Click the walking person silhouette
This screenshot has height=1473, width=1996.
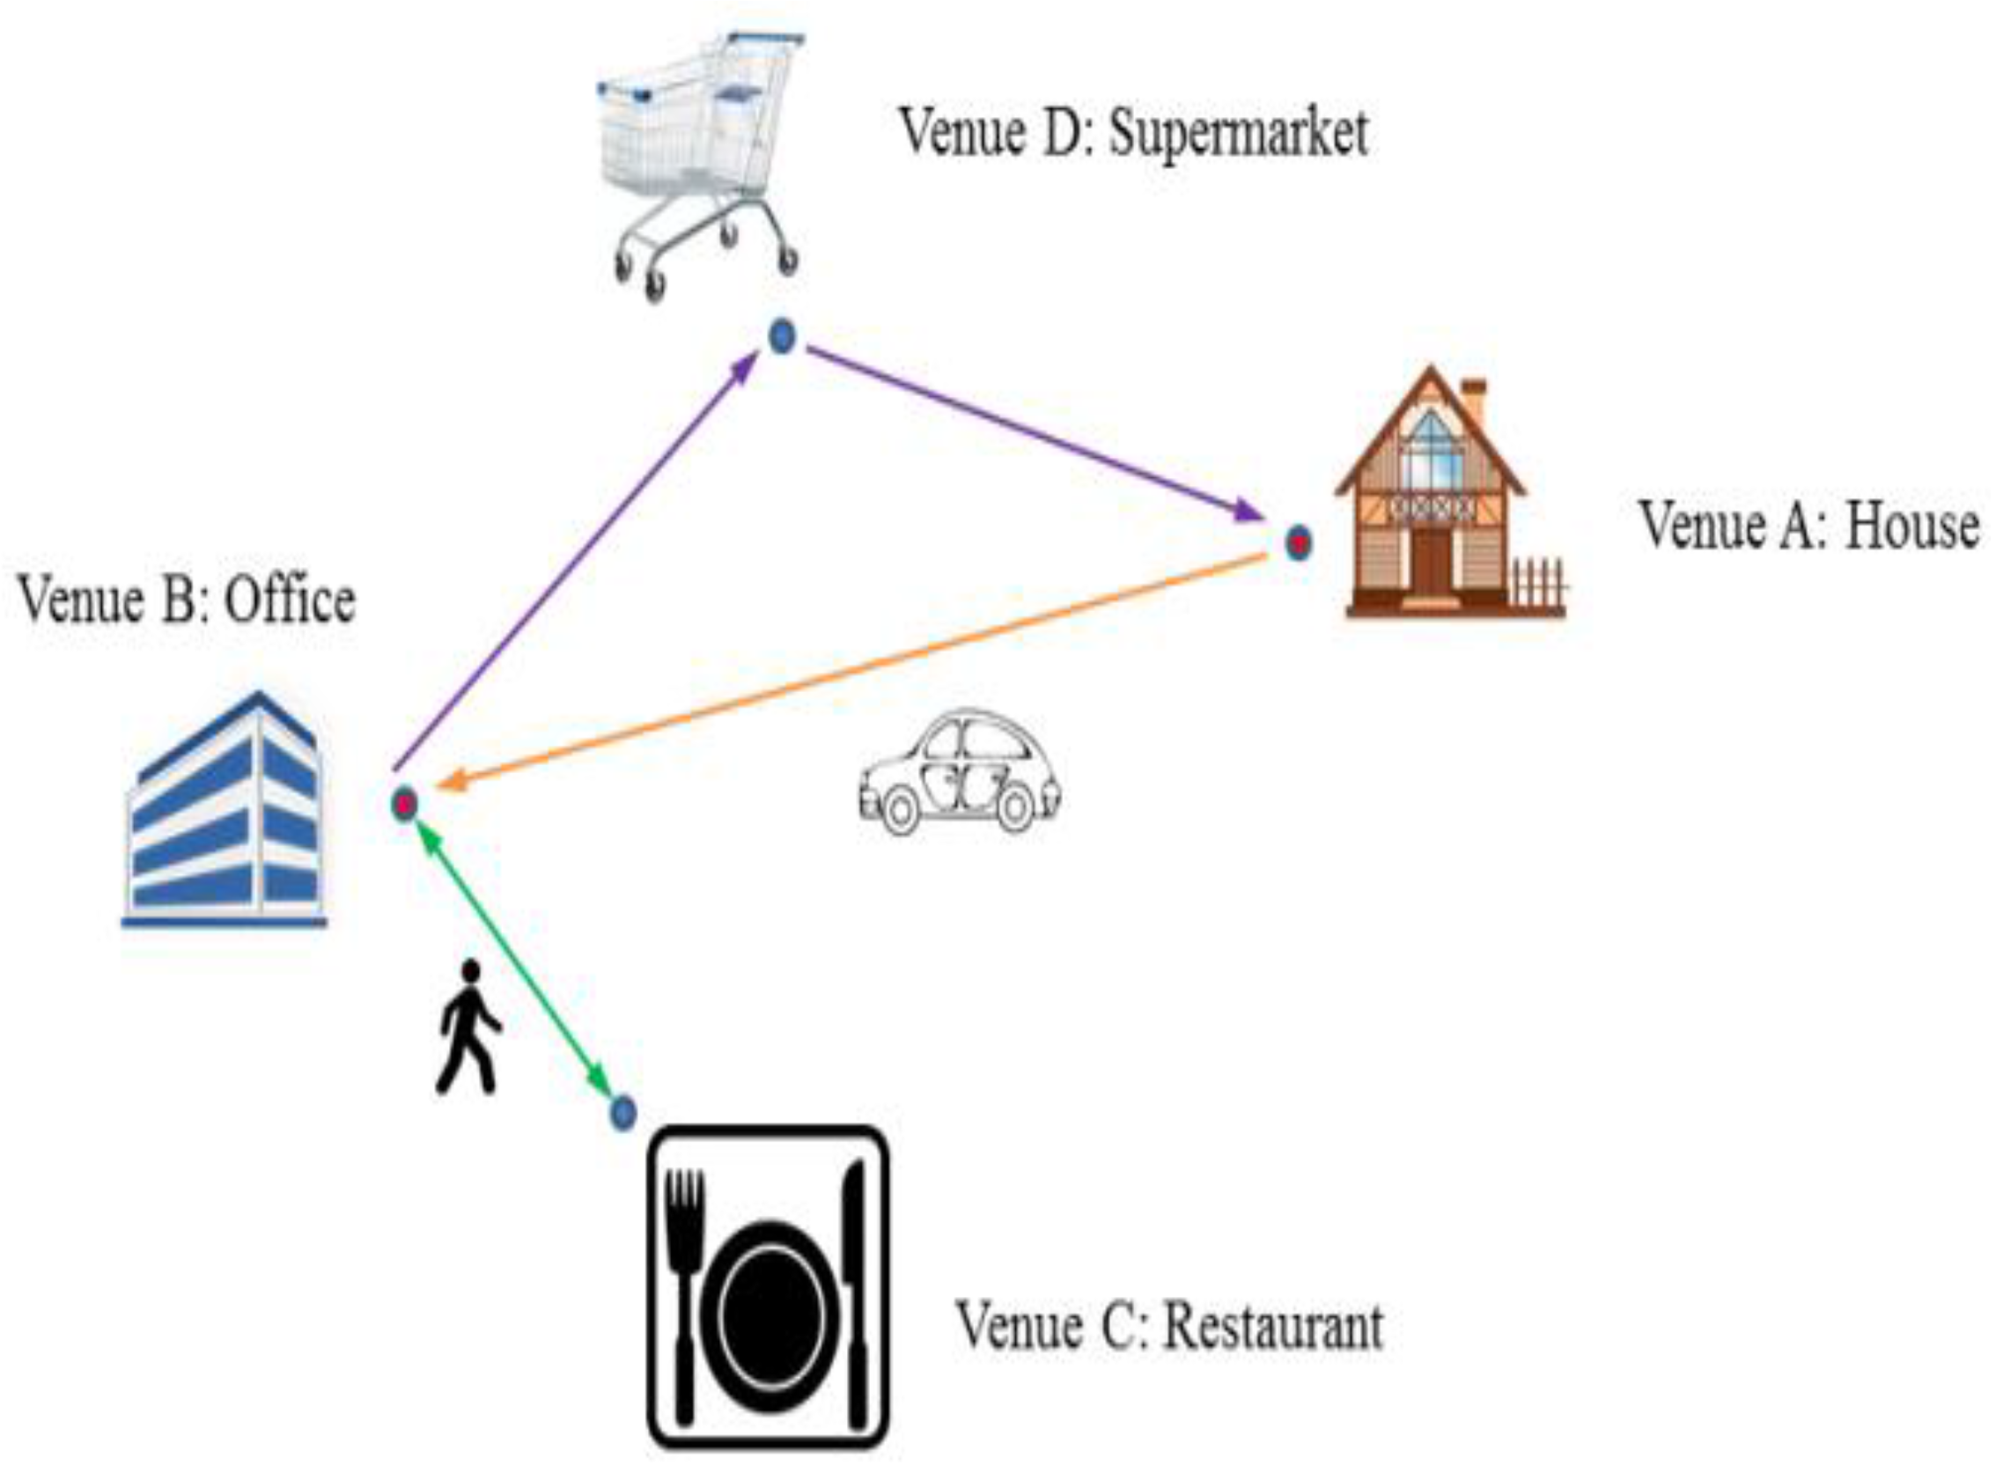468,1027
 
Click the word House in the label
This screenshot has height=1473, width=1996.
1911,527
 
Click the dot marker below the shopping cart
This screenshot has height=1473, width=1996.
782,337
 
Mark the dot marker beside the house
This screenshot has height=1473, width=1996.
1299,543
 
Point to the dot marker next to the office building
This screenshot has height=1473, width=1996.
405,804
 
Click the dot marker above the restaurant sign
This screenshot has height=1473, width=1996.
622,1113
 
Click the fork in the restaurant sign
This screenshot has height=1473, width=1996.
686,1284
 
